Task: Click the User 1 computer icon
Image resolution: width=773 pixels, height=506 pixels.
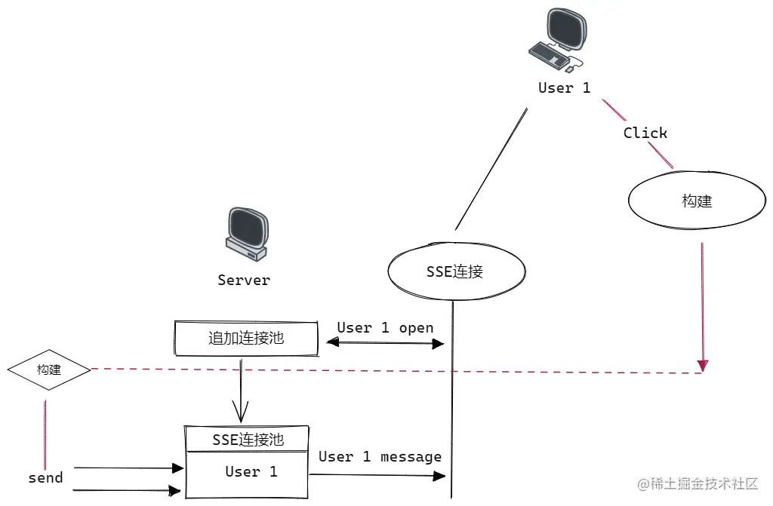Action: (x=558, y=39)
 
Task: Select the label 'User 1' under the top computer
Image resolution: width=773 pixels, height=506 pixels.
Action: (x=564, y=88)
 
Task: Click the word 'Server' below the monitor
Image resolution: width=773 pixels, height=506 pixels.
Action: (x=243, y=281)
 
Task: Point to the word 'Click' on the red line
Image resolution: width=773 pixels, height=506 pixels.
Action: (x=645, y=133)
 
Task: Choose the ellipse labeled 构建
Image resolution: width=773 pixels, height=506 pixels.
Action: (x=696, y=201)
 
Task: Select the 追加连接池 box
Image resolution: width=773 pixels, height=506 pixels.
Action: (x=246, y=339)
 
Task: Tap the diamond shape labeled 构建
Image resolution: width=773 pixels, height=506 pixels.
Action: (x=49, y=370)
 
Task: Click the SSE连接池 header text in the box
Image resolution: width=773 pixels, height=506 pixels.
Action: (x=248, y=440)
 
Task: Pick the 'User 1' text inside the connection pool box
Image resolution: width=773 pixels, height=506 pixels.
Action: (x=251, y=472)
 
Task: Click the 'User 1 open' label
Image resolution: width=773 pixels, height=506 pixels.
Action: (x=385, y=328)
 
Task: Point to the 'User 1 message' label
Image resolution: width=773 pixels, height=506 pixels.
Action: (x=380, y=457)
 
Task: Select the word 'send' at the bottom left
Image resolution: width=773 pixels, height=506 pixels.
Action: (x=45, y=478)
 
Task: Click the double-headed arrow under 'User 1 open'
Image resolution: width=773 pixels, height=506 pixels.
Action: (x=385, y=343)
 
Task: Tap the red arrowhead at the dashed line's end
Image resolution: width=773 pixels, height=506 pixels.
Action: (x=703, y=366)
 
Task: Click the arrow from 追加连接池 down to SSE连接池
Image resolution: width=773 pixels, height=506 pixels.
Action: (x=241, y=392)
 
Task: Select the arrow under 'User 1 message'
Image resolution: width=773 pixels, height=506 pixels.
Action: (x=377, y=476)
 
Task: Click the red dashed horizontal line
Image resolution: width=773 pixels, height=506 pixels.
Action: (x=393, y=370)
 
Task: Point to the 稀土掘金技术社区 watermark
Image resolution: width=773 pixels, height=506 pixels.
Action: (x=698, y=484)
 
